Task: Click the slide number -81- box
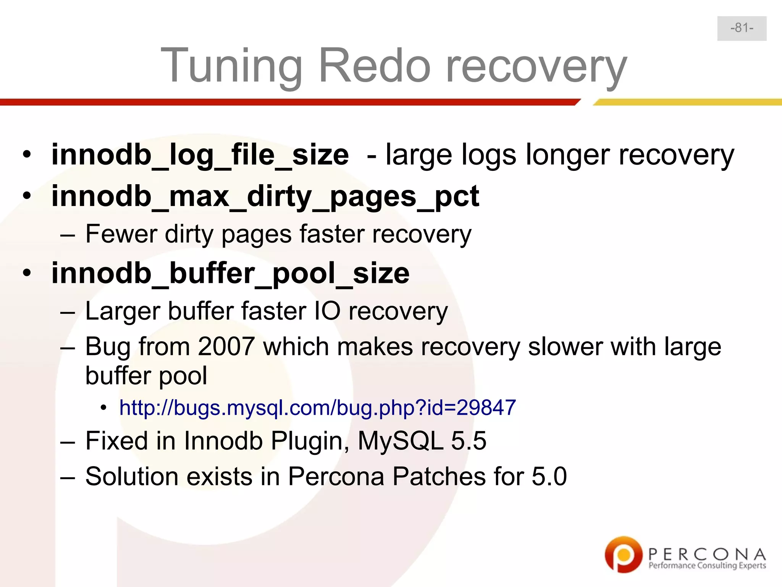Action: tap(742, 28)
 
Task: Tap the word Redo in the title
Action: tap(375, 66)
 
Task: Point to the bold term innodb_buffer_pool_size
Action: tap(230, 274)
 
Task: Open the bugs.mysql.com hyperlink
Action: tap(317, 407)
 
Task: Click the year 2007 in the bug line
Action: tap(226, 347)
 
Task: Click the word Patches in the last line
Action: tap(439, 477)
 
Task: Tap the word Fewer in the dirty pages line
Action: tap(121, 234)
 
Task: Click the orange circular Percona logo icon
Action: tap(623, 555)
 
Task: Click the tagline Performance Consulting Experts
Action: tap(707, 566)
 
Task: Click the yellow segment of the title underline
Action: tap(687, 102)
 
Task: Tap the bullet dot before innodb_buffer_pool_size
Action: tap(26, 274)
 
